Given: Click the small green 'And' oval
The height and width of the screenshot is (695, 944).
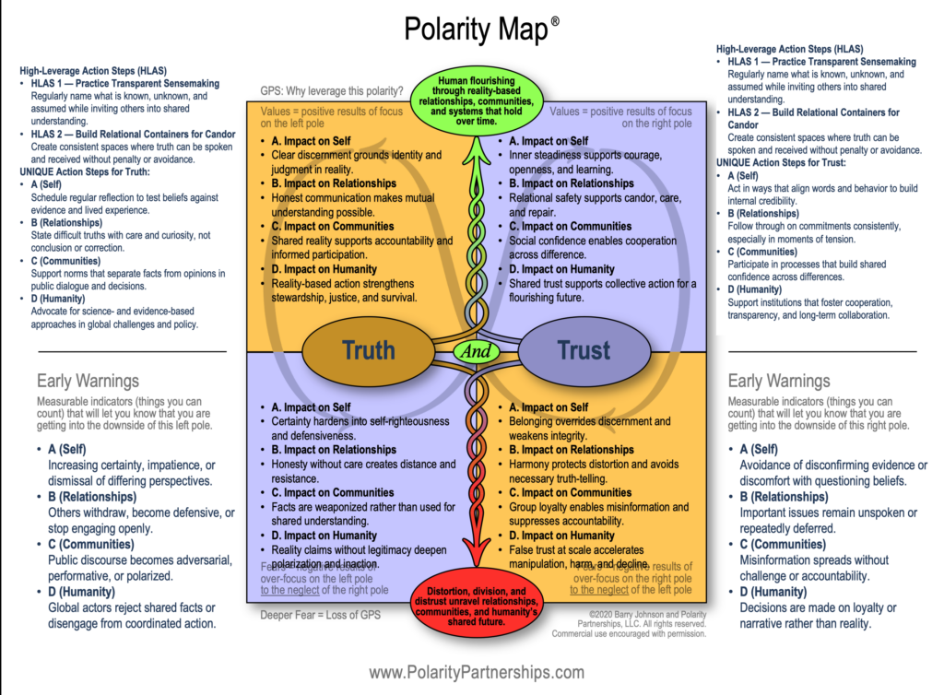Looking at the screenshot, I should click(x=476, y=351).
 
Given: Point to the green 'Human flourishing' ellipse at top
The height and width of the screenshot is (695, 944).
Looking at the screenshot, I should click(x=477, y=95).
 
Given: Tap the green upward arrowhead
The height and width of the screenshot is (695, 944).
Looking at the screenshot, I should click(x=477, y=137).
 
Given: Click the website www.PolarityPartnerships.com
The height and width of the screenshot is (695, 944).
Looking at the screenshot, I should click(x=477, y=672).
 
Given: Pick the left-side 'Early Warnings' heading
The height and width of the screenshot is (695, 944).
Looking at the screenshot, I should click(x=88, y=381).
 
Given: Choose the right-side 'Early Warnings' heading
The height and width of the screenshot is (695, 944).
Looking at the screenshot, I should click(x=779, y=381).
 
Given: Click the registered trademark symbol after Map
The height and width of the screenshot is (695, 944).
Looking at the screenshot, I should click(x=555, y=20).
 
